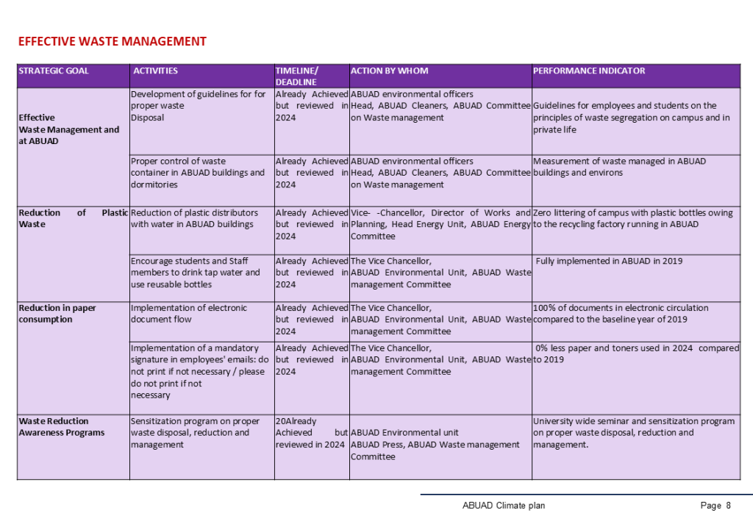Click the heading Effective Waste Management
(x=112, y=41)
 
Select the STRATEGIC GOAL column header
(x=54, y=71)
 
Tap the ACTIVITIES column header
(x=155, y=71)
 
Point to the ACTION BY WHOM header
(x=389, y=71)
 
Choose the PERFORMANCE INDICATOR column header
(x=588, y=71)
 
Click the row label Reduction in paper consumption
(x=57, y=314)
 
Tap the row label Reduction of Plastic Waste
(x=73, y=218)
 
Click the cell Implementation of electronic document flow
(x=189, y=314)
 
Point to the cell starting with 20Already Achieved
(x=310, y=433)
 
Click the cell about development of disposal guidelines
(x=198, y=105)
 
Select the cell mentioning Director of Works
(x=440, y=224)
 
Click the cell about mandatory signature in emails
(x=199, y=371)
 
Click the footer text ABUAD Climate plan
(x=504, y=506)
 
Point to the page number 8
(x=727, y=506)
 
